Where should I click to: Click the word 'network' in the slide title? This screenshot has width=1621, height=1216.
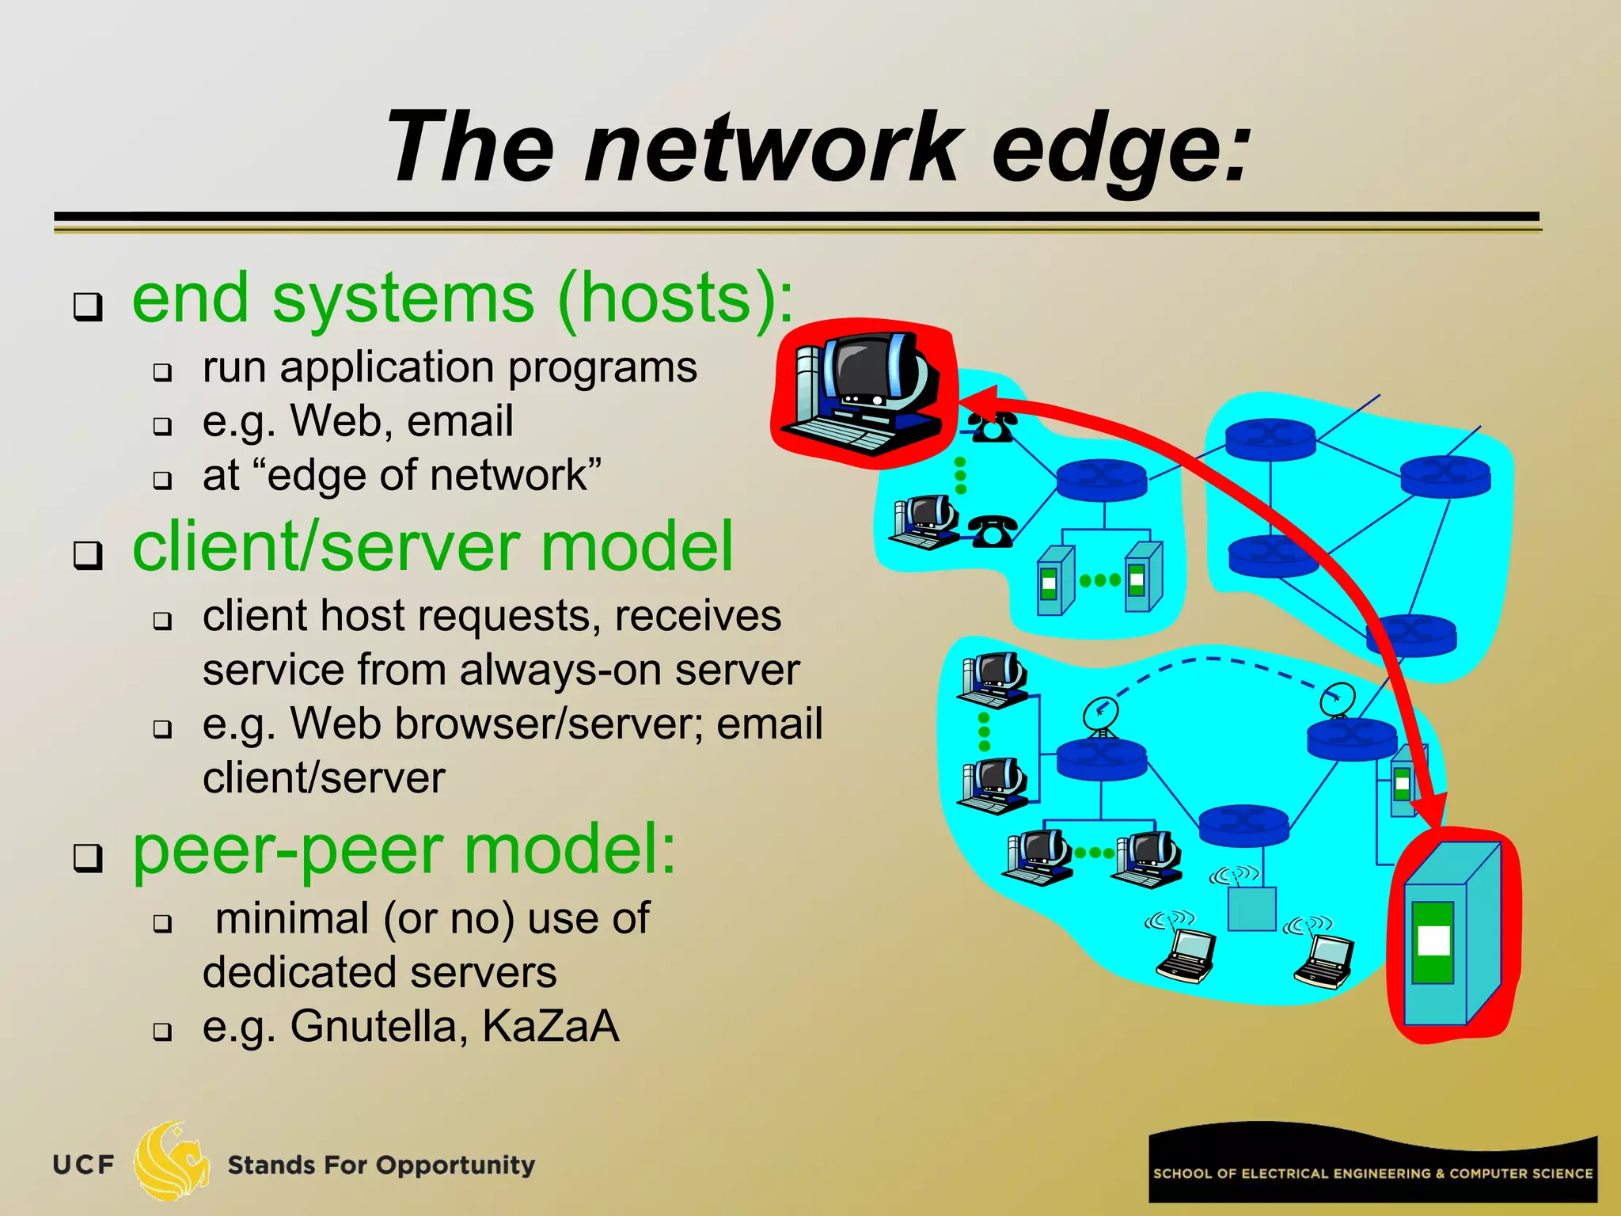[x=772, y=148]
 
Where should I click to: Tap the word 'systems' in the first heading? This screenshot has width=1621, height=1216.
[x=403, y=298]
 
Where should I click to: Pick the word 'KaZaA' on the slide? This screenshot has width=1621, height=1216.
[x=550, y=1026]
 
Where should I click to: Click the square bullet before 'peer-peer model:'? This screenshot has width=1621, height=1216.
[x=88, y=857]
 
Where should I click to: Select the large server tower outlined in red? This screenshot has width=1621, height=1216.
[x=1453, y=934]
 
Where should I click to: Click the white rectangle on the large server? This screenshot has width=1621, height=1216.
[x=1433, y=940]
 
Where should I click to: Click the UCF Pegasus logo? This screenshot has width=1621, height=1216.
[x=170, y=1161]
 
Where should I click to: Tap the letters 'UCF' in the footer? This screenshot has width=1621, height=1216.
[x=83, y=1165]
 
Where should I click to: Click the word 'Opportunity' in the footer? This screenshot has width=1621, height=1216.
[x=455, y=1165]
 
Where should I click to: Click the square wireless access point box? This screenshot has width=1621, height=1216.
[x=1251, y=908]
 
